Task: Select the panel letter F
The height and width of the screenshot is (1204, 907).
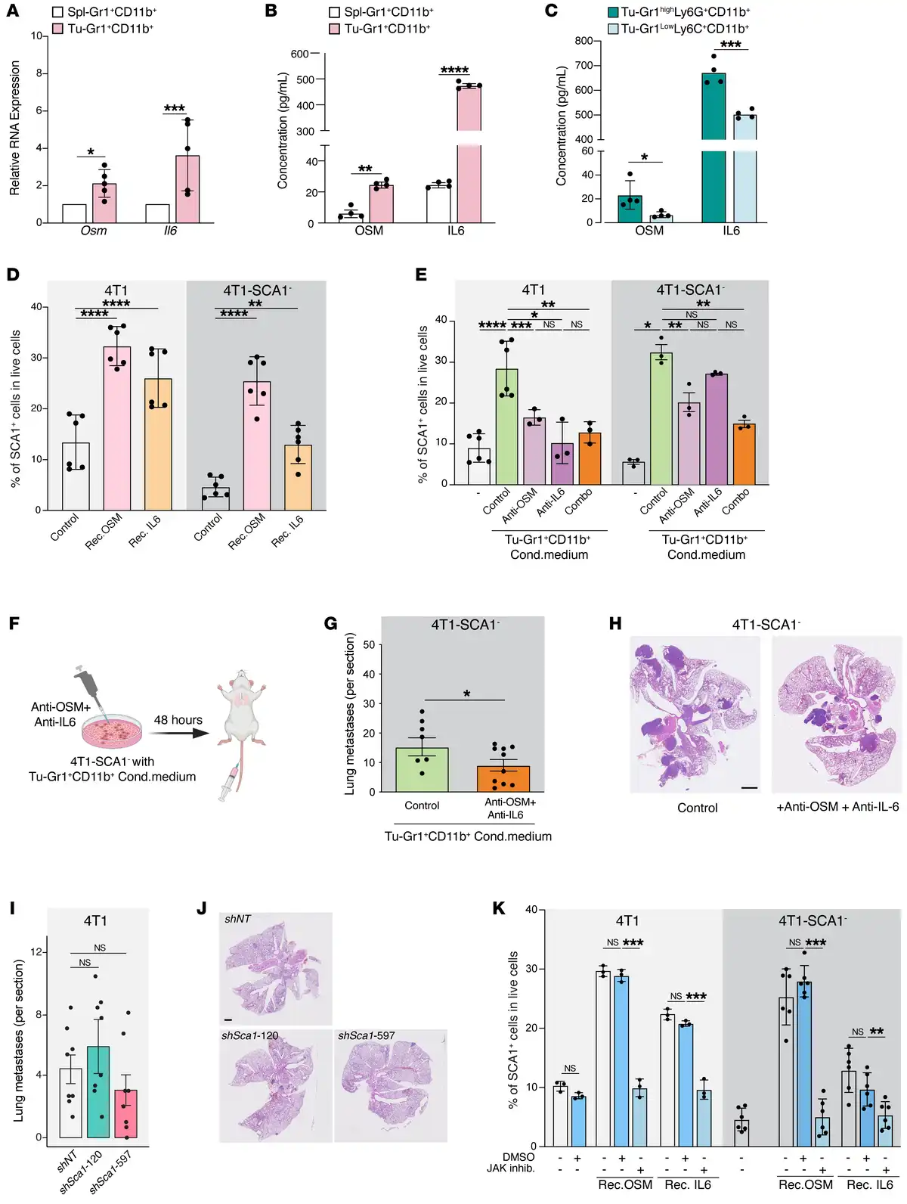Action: click(14, 624)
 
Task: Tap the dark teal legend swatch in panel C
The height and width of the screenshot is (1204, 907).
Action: click(613, 12)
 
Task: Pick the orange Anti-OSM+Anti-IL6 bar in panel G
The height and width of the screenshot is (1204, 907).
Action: click(503, 779)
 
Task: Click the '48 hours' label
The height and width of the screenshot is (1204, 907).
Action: click(178, 720)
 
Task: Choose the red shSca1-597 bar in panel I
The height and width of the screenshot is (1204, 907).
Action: click(126, 1113)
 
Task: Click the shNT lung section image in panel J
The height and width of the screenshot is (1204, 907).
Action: click(276, 968)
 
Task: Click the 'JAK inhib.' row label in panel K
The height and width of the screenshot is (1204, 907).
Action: click(510, 1168)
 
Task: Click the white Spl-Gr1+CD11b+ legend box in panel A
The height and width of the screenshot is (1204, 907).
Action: click(57, 12)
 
